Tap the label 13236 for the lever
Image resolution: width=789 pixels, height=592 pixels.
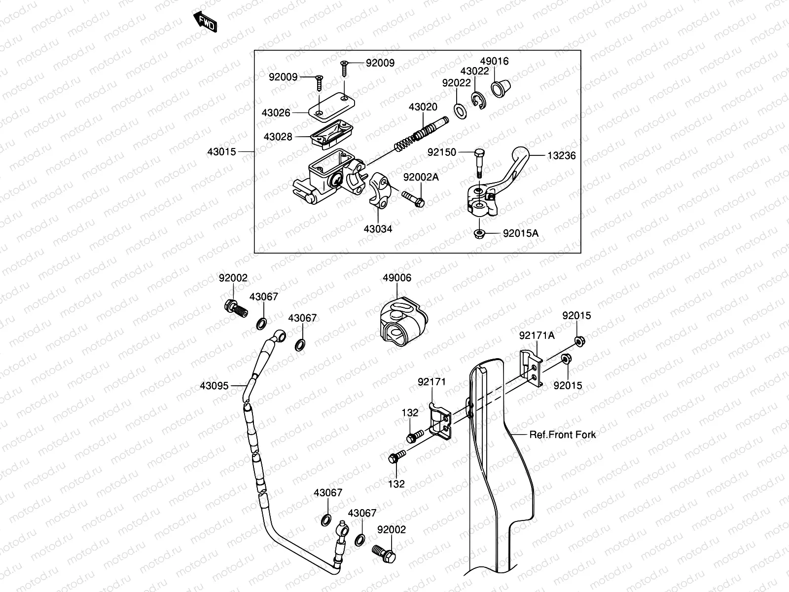tap(561, 156)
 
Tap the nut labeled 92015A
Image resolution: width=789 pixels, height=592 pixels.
tap(479, 233)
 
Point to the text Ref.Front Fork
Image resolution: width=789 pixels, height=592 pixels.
tap(562, 435)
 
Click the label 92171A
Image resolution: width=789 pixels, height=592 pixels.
tap(537, 335)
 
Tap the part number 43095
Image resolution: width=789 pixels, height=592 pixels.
tap(215, 385)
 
